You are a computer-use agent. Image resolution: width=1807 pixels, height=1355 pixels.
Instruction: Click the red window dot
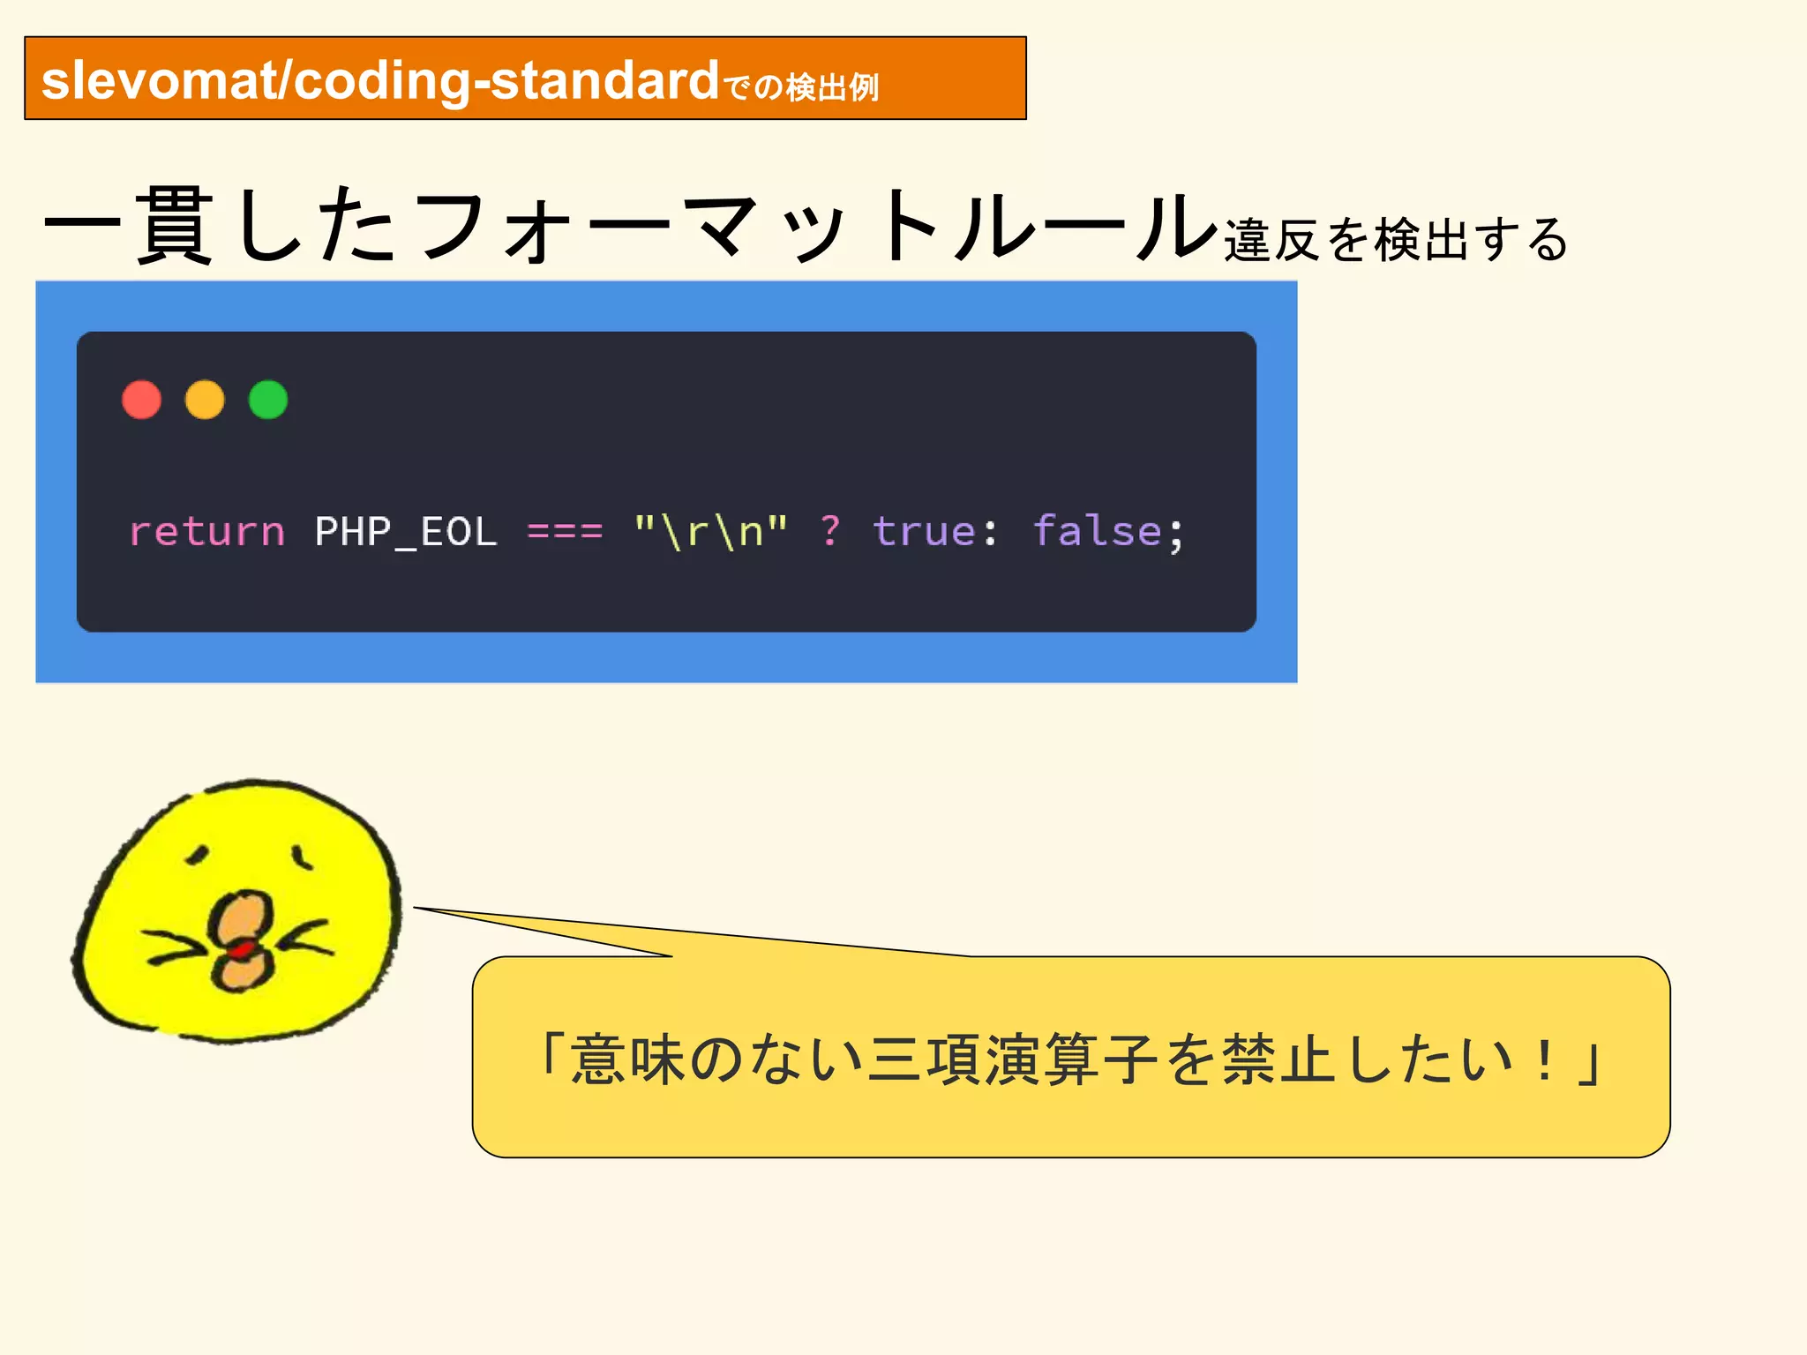141,400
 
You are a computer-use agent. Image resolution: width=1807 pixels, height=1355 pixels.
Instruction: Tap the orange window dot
205,400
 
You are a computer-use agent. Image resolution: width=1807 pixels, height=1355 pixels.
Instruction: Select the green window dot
268,400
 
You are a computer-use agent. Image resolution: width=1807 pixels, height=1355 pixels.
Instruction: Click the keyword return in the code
207,531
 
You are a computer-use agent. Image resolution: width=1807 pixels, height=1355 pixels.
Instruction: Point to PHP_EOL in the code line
406,532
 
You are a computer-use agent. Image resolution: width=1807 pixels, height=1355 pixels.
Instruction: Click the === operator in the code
565,531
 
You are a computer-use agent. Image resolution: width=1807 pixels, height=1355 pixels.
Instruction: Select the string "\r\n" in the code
710,531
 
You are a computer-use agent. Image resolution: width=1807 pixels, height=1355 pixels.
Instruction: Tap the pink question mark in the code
830,530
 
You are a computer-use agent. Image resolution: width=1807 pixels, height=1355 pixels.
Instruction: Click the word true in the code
923,531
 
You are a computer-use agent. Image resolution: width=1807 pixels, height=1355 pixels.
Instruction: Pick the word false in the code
1097,531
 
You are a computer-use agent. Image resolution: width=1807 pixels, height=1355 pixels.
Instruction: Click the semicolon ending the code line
1176,534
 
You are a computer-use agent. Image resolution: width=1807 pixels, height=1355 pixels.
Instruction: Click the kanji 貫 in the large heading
174,227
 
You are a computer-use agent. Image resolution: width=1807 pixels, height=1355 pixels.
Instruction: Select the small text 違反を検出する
1395,239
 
